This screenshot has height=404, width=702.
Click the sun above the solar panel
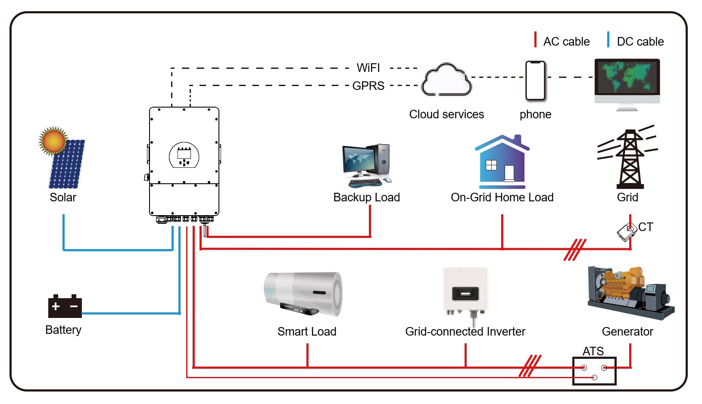53,141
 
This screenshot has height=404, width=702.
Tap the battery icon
65,306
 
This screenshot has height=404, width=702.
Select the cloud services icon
446,80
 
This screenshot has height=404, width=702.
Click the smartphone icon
536,81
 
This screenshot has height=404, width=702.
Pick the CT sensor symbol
627,233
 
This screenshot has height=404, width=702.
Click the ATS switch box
594,371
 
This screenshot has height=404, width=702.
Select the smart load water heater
303,293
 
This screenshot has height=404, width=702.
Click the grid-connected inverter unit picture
465,293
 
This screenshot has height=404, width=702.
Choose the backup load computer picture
367,165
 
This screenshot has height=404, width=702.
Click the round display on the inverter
184,155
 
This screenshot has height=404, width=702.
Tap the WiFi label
368,68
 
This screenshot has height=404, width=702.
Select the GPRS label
368,86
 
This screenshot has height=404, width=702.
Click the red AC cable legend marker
535,40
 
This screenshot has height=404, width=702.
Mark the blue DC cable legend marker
608,40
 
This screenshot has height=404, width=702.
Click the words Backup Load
367,197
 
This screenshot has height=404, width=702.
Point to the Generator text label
627,332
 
